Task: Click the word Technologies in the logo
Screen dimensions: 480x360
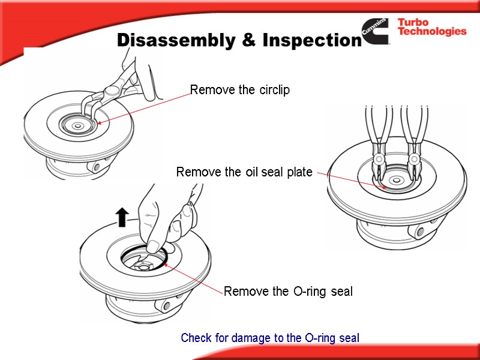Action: [432, 32]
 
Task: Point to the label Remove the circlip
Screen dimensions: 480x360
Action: [240, 91]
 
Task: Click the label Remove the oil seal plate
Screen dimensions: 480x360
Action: [244, 173]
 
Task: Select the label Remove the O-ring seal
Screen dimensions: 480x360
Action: [288, 292]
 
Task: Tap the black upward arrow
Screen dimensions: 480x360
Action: [122, 217]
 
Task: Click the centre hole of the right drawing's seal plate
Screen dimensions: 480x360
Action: [395, 181]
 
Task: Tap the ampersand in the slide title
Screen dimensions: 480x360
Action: [243, 40]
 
